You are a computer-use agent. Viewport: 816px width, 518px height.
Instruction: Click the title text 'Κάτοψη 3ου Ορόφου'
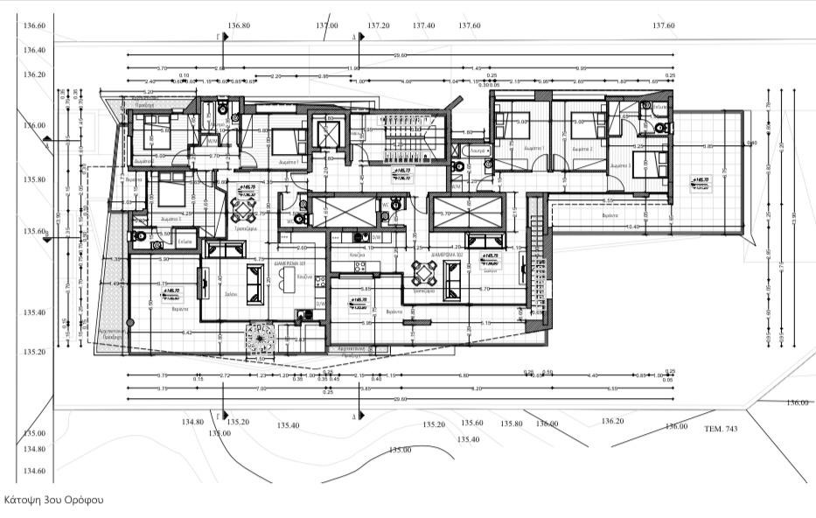pos(53,500)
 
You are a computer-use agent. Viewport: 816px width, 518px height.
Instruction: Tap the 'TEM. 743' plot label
pos(721,429)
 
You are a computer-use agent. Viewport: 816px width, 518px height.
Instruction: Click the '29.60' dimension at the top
pos(400,56)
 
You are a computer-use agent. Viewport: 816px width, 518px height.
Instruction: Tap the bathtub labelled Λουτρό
pos(477,150)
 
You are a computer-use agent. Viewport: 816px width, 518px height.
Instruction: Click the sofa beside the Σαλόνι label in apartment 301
pos(255,282)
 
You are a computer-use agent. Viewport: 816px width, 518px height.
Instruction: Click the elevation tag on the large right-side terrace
pos(699,183)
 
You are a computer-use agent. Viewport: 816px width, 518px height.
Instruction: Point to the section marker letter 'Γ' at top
pos(220,38)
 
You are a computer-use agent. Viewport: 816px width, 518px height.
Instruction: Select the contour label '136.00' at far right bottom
pos(797,402)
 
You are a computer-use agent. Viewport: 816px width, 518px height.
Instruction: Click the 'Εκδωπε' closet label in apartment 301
pos(185,241)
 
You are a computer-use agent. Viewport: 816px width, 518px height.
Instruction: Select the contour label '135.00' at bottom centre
pos(400,450)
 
